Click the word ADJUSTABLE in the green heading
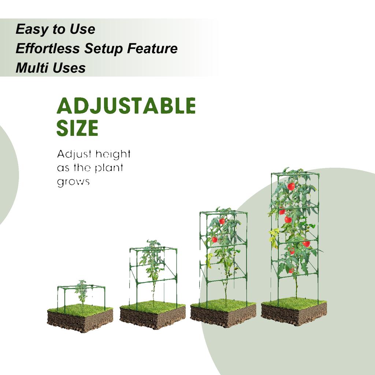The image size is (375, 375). click(126, 107)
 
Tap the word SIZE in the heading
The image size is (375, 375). click(77, 128)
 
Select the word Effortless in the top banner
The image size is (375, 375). click(48, 48)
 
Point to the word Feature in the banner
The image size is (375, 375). click(152, 48)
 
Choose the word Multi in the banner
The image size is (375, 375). click(32, 68)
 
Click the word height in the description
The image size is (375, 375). click(113, 155)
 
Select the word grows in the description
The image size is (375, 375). click(73, 182)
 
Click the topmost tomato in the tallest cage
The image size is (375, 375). click(291, 186)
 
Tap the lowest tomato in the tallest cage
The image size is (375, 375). click(291, 271)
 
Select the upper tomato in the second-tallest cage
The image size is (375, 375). click(222, 221)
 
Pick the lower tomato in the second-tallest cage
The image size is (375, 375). click(215, 240)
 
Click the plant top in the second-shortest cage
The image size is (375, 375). click(153, 245)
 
